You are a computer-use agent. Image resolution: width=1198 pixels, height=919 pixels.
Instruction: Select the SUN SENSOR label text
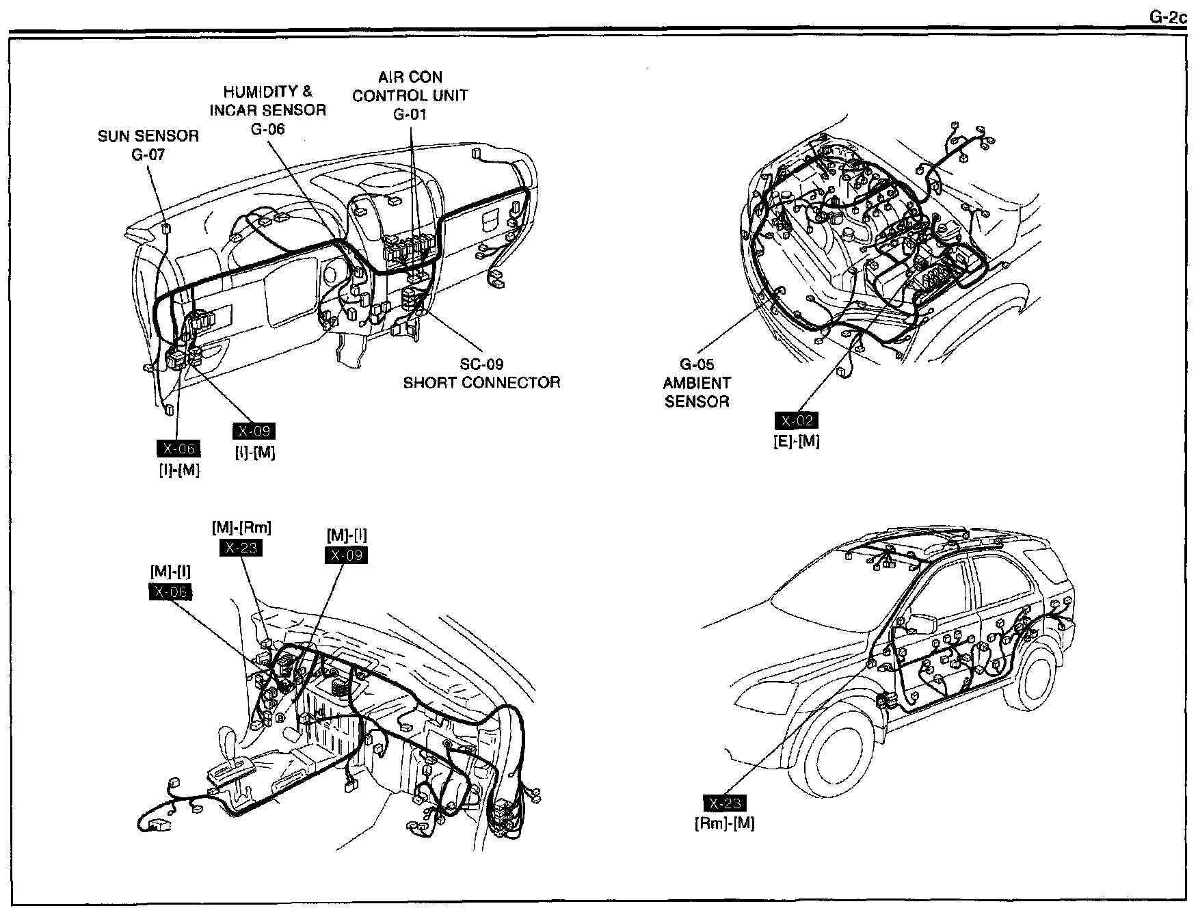pos(148,136)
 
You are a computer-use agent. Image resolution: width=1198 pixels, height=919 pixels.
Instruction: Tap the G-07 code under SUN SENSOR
pos(148,155)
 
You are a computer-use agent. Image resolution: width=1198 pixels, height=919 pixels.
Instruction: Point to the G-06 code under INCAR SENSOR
pos(267,129)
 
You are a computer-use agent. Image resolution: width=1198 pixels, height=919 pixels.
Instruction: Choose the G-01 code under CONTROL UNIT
pos(410,114)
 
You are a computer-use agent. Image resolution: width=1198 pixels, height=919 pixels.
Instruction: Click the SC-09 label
pos(481,364)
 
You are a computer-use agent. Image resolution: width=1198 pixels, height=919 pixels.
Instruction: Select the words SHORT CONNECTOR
pos(481,382)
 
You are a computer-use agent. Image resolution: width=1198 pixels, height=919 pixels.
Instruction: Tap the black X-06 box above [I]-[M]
pos(179,449)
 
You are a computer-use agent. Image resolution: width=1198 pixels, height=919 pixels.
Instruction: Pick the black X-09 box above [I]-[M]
pos(254,431)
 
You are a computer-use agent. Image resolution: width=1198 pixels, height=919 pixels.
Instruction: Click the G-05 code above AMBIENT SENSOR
pos(697,364)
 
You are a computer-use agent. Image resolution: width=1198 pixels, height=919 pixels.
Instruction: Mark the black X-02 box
pos(796,421)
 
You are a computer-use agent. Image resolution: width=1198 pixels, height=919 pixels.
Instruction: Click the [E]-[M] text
pos(796,441)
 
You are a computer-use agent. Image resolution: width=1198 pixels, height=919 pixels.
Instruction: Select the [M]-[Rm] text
pos(241,527)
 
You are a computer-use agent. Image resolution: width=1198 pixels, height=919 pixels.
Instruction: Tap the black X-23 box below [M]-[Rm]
pos(241,548)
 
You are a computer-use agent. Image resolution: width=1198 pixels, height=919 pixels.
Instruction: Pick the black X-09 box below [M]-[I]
pos(345,555)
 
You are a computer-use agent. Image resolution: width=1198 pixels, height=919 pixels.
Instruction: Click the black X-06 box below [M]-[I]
pos(170,591)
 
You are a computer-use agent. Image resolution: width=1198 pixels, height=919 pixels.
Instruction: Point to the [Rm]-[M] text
pos(725,823)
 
